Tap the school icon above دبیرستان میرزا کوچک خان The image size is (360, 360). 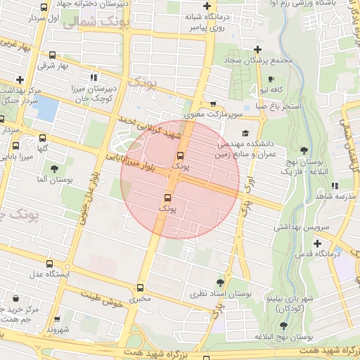coord(94,77)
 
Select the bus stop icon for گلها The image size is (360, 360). coord(44,138)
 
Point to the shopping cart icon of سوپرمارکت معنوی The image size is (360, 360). coord(213,103)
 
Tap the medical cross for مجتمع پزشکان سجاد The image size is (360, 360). coord(258,49)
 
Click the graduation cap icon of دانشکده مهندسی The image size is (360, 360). coord(245,133)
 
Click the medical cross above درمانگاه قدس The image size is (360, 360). coord(318,242)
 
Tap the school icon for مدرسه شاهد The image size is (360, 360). coord(334,186)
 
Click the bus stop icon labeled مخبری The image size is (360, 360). coord(141,288)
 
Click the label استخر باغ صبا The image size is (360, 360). coord(281,106)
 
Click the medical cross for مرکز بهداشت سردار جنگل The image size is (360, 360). coord(20,79)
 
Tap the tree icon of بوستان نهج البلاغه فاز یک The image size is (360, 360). coord(304,150)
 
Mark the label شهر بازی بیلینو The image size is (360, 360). coord(286,298)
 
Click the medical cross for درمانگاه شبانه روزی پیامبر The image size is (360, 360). coord(207,6)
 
